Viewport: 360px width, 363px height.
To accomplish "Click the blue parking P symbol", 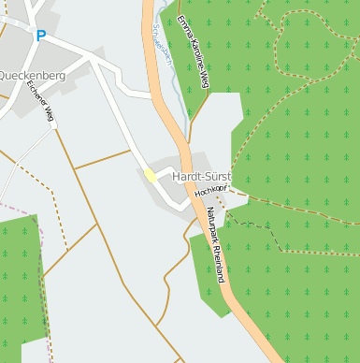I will [40, 36].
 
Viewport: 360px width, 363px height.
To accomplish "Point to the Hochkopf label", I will [210, 190].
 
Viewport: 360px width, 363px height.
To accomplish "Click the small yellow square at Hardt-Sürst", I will [150, 175].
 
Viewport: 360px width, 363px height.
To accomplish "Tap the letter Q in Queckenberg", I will [4, 76].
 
